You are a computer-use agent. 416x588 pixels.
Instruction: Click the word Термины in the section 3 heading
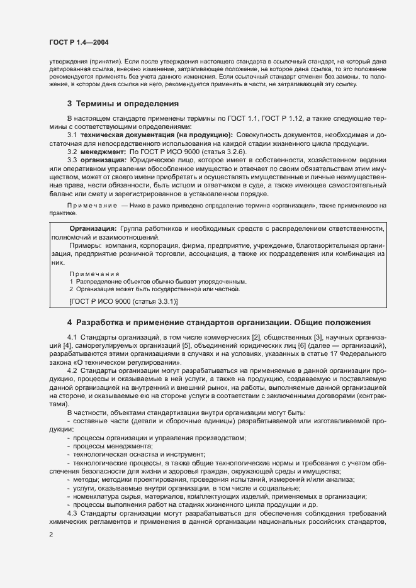click(98, 103)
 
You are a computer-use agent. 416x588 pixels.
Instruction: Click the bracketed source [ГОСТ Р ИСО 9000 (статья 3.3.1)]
click(123, 302)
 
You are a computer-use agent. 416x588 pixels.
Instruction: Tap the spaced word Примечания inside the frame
click(94, 274)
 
